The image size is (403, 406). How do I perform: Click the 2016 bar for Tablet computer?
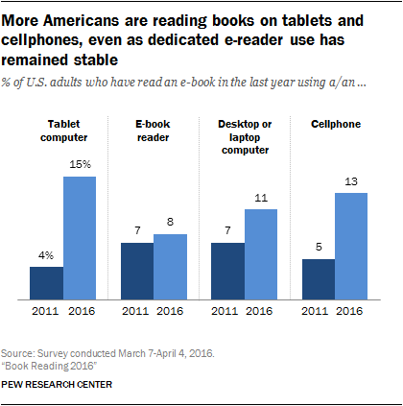click(80, 236)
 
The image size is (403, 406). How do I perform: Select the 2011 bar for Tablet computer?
click(46, 282)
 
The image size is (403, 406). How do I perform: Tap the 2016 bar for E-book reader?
click(171, 266)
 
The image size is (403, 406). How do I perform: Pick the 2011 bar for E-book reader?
click(137, 271)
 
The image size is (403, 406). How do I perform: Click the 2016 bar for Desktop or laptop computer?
click(260, 253)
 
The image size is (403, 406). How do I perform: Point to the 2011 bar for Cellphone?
click(318, 279)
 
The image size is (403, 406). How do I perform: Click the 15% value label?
click(81, 165)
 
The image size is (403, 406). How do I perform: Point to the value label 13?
click(351, 181)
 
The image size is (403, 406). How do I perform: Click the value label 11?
click(261, 199)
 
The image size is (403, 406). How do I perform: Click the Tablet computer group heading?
click(62, 130)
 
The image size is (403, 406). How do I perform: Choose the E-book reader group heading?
click(154, 130)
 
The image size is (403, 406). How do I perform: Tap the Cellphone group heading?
click(334, 123)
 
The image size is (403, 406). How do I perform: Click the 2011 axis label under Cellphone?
click(318, 311)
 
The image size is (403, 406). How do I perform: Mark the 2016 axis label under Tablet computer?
click(81, 311)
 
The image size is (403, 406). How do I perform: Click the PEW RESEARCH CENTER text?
click(70, 385)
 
